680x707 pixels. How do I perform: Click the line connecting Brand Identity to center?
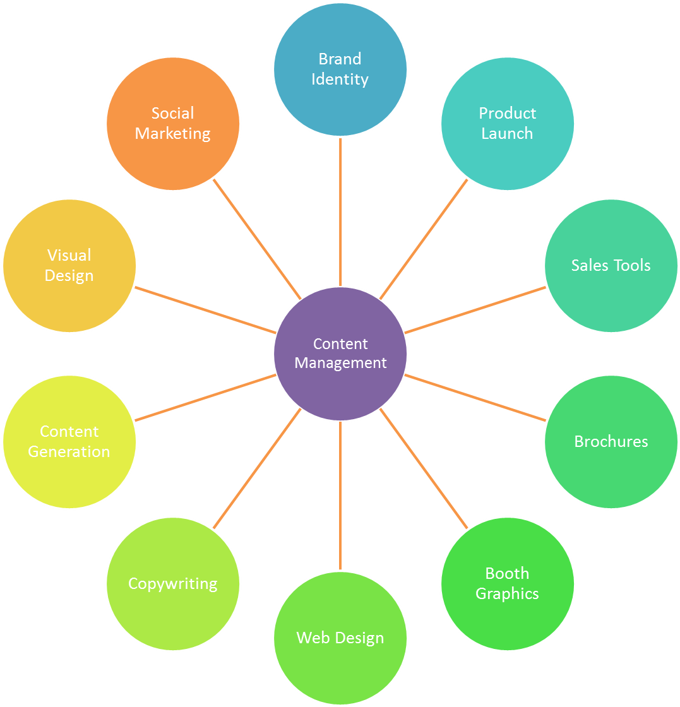(x=340, y=211)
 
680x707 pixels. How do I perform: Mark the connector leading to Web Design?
(x=340, y=496)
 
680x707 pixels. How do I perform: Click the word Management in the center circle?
(x=340, y=364)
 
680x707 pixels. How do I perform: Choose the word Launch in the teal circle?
(x=507, y=134)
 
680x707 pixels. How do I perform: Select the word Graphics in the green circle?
(x=507, y=594)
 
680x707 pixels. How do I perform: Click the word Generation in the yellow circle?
(x=69, y=452)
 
